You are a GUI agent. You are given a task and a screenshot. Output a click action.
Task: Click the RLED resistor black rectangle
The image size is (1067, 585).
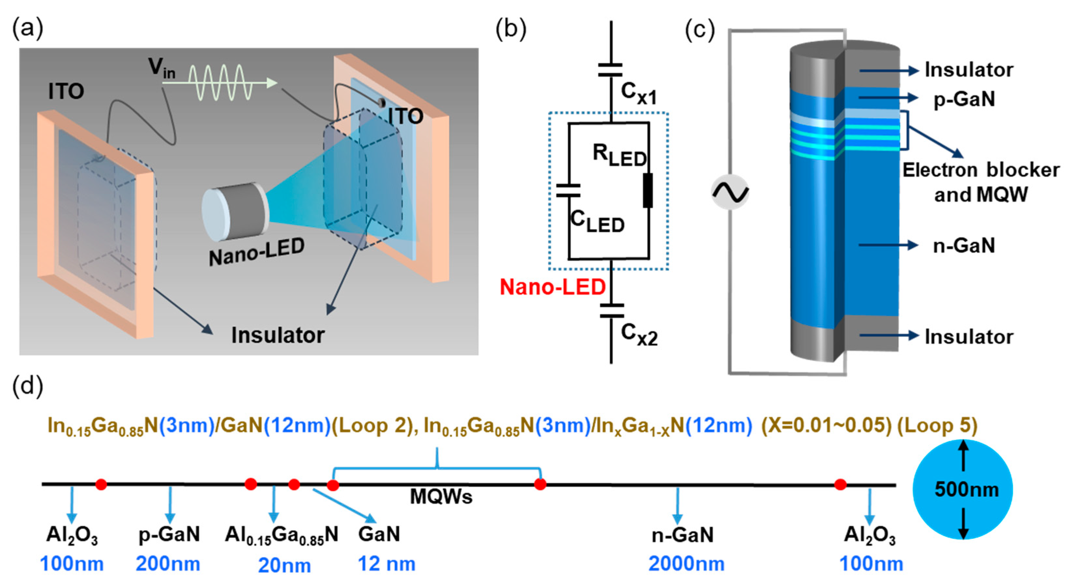pyautogui.click(x=648, y=191)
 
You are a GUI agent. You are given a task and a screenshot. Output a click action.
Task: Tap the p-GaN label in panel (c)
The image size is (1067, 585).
pyautogui.click(x=964, y=99)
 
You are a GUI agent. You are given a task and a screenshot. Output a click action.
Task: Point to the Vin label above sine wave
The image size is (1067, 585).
pyautogui.click(x=162, y=68)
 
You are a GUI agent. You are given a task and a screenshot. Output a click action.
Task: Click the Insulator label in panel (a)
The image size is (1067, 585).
pyautogui.click(x=278, y=335)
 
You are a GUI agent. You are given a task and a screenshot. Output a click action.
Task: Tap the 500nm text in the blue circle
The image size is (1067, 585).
pyautogui.click(x=966, y=490)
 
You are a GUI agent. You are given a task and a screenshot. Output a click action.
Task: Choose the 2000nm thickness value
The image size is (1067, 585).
pyautogui.click(x=686, y=564)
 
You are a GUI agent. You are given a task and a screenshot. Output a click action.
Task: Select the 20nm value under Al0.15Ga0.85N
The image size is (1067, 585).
pyautogui.click(x=284, y=565)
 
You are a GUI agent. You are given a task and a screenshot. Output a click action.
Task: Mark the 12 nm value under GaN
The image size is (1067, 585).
pyautogui.click(x=387, y=564)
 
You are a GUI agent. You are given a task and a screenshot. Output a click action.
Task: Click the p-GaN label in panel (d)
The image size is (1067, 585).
pyautogui.click(x=169, y=535)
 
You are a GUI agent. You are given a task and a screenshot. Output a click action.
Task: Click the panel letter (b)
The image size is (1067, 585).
pyautogui.click(x=511, y=30)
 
